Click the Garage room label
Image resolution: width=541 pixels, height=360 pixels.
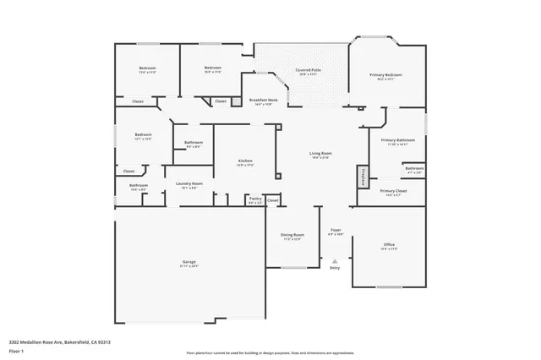pyautogui.click(x=189, y=263)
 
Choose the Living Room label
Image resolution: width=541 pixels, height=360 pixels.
pyautogui.click(x=321, y=154)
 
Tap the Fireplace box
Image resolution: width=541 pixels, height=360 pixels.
pyautogui.click(x=362, y=177)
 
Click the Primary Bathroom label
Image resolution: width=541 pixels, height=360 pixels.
pyautogui.click(x=397, y=141)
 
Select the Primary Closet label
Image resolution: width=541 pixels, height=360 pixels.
pyautogui.click(x=394, y=192)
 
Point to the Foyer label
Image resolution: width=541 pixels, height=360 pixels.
pyautogui.click(x=336, y=231)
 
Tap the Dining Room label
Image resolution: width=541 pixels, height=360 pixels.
pyautogui.click(x=292, y=237)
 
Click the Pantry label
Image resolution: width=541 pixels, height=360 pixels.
pyautogui.click(x=254, y=199)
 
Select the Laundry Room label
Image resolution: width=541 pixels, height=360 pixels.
pyautogui.click(x=189, y=184)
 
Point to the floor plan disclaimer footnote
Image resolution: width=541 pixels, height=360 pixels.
pyautogui.click(x=270, y=352)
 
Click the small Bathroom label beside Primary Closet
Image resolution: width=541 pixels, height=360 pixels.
pyautogui.click(x=413, y=169)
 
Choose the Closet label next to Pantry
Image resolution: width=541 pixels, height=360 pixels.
pyautogui.click(x=272, y=200)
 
